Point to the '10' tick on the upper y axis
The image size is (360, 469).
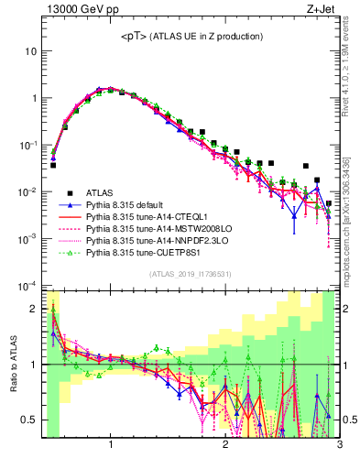coord(30,51)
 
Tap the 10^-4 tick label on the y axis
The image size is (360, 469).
coord(27,286)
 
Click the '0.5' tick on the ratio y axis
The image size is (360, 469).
coord(29,419)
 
